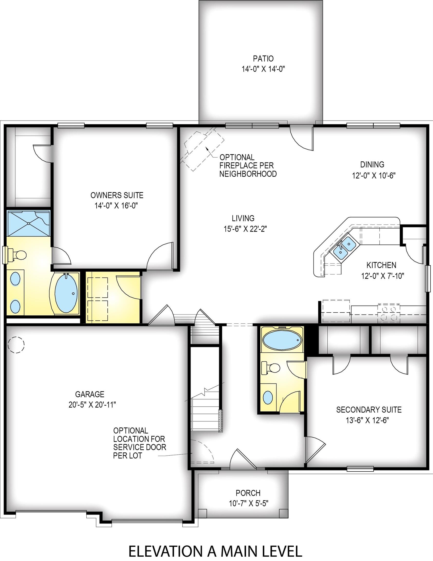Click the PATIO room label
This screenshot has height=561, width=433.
(x=263, y=59)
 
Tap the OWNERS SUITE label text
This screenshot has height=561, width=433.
(x=117, y=195)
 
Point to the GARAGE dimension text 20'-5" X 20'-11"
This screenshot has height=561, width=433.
(x=92, y=405)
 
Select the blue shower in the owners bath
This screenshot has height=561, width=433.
(x=28, y=223)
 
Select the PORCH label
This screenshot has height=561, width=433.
(x=248, y=493)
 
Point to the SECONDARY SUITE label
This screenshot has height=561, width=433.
(x=369, y=410)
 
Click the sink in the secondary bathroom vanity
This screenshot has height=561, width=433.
(x=268, y=397)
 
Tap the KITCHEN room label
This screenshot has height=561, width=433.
(x=381, y=265)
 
